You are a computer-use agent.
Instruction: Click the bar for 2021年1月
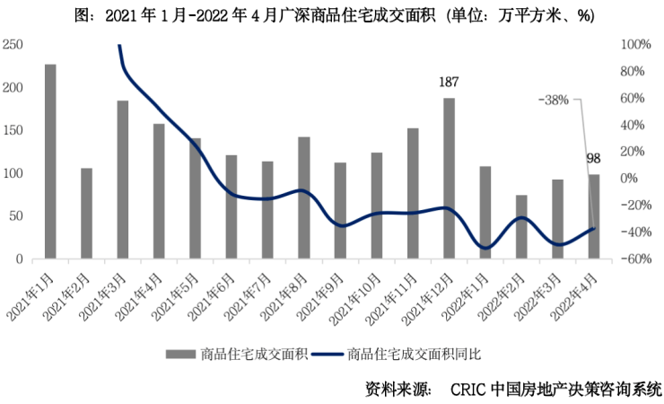click(x=50, y=162)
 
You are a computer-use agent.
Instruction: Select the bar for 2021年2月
click(x=87, y=214)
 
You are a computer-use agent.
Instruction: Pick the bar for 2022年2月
click(x=521, y=226)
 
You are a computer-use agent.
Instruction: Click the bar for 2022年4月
click(x=593, y=216)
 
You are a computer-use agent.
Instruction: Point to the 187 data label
click(x=449, y=83)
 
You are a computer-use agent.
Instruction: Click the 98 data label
click(x=593, y=159)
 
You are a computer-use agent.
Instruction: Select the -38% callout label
click(x=554, y=101)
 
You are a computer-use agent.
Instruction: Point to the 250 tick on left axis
click(x=13, y=45)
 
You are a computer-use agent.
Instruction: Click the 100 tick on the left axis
click(x=13, y=173)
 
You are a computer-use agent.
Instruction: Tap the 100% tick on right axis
click(x=634, y=45)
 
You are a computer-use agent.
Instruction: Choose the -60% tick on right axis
click(x=634, y=259)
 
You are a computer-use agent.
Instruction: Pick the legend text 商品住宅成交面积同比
click(x=414, y=353)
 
